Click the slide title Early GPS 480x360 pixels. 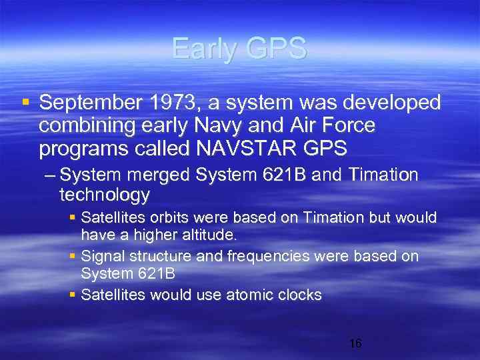coord(239,48)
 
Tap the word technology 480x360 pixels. coord(105,195)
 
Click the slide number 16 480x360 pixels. coord(355,343)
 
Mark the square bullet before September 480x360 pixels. coord(25,103)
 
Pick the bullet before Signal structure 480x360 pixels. coord(73,257)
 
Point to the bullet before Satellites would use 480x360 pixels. coord(73,295)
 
